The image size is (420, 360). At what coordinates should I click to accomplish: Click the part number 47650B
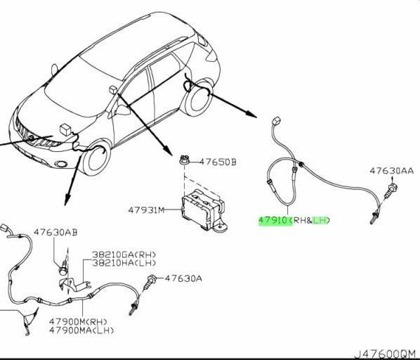click(218, 162)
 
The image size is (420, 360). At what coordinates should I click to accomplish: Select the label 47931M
click(146, 210)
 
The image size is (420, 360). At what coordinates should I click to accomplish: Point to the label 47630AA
click(392, 171)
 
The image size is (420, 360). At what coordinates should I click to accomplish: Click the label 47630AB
click(55, 232)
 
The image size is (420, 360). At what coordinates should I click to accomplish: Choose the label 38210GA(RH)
click(124, 255)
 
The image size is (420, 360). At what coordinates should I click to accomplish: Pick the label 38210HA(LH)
click(124, 263)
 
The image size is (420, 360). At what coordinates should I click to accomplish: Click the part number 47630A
click(183, 278)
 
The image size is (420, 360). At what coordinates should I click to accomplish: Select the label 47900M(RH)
click(78, 321)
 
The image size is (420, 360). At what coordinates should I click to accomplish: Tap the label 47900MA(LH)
click(81, 330)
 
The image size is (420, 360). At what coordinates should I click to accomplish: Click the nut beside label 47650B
click(184, 160)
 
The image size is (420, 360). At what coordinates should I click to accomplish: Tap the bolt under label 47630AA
click(391, 191)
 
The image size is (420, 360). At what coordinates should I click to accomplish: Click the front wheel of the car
click(96, 158)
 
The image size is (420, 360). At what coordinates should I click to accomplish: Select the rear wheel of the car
click(198, 98)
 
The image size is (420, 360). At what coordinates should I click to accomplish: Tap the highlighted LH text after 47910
click(320, 220)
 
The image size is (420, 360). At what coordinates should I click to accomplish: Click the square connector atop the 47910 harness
click(276, 120)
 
